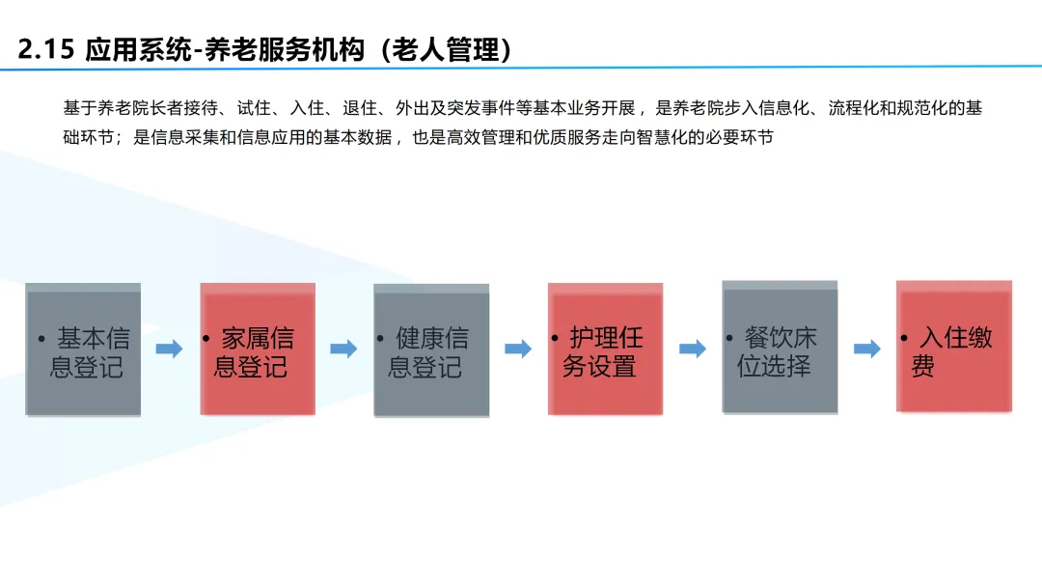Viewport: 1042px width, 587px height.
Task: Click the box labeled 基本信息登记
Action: point(83,350)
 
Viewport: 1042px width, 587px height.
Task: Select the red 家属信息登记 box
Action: point(258,350)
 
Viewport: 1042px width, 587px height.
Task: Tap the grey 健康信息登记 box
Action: point(431,350)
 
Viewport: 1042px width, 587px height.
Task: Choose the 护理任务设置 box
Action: point(605,350)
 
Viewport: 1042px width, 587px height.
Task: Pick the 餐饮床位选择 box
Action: point(780,349)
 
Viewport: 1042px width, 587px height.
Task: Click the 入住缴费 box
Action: point(954,347)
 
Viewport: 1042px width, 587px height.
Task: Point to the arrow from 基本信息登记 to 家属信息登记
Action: point(169,349)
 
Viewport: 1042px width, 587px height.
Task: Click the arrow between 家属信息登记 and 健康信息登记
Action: point(343,349)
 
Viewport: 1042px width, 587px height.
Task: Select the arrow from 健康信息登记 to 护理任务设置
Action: point(518,349)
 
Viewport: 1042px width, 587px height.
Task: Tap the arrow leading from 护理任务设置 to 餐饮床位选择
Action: point(692,349)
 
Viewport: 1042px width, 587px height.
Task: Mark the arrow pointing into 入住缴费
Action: point(867,349)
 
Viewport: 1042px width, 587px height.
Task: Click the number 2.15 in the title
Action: point(45,49)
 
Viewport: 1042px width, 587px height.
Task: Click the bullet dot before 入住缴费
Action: point(903,338)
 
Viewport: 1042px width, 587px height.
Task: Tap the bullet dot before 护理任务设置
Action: point(555,338)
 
